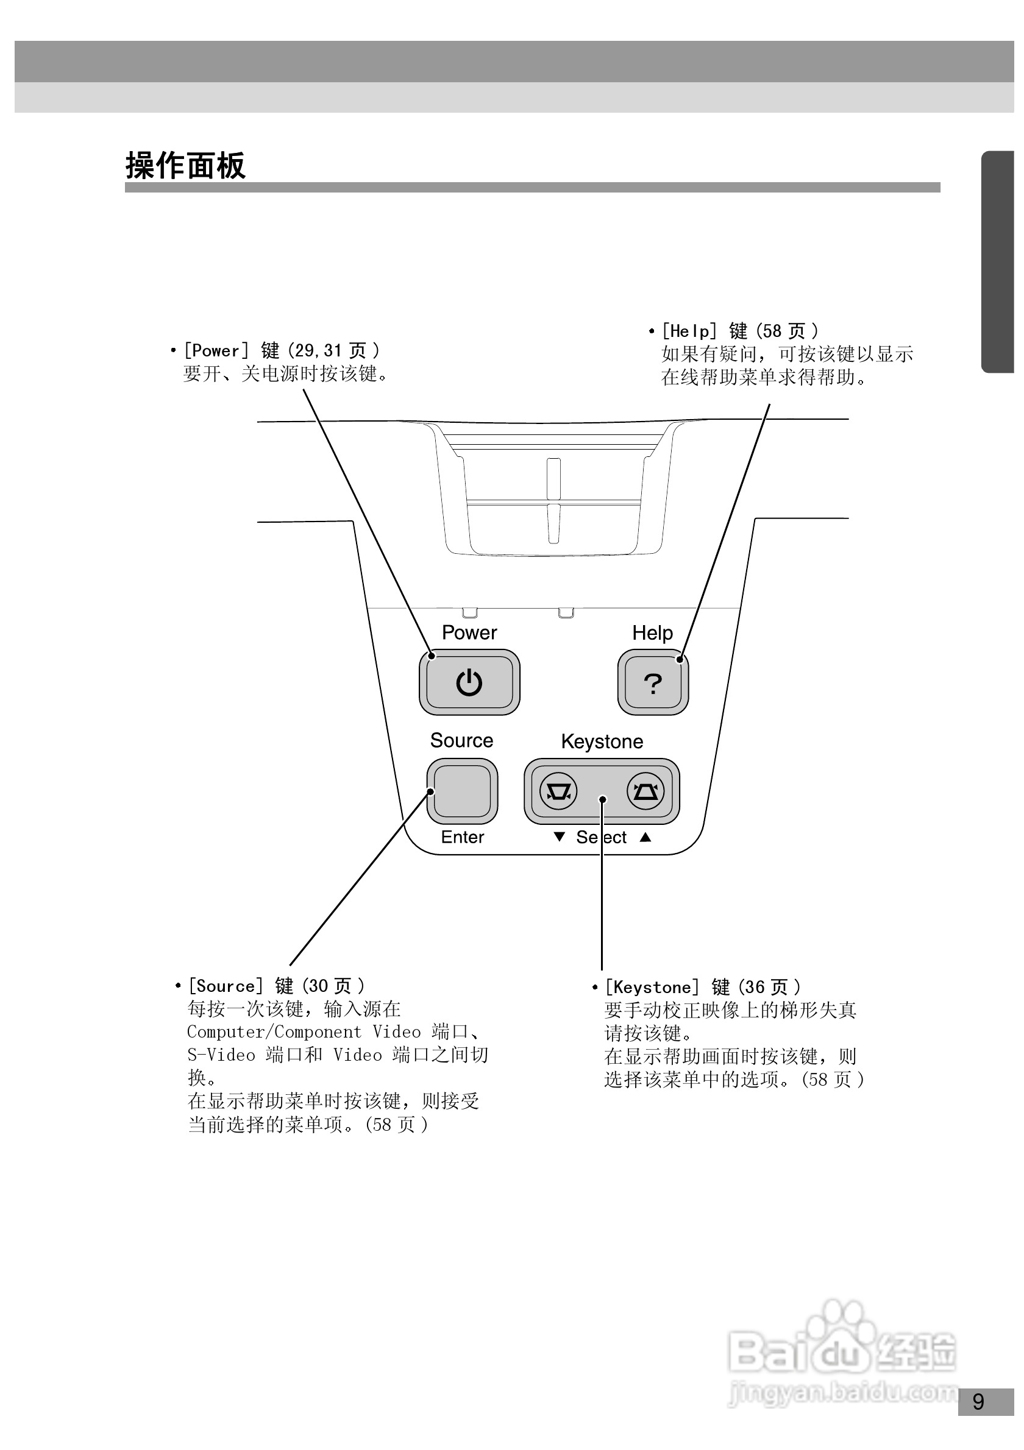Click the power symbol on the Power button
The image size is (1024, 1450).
[469, 683]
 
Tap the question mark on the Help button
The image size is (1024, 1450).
[653, 684]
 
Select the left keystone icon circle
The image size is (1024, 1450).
[558, 791]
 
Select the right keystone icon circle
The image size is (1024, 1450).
[645, 791]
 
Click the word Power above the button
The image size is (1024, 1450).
[469, 633]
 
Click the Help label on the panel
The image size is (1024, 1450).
[653, 633]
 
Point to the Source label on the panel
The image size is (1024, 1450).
[462, 741]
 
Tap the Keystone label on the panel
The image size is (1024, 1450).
[602, 741]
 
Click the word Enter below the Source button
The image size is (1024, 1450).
[463, 838]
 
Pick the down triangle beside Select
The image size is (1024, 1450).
[559, 836]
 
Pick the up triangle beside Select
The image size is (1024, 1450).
[645, 836]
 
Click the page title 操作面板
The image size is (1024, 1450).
[185, 166]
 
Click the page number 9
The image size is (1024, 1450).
[978, 1401]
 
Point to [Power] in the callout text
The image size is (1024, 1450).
[216, 351]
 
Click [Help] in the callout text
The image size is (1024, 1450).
[689, 331]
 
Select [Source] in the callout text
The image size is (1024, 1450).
[226, 986]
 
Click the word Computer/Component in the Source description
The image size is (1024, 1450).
[274, 1032]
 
